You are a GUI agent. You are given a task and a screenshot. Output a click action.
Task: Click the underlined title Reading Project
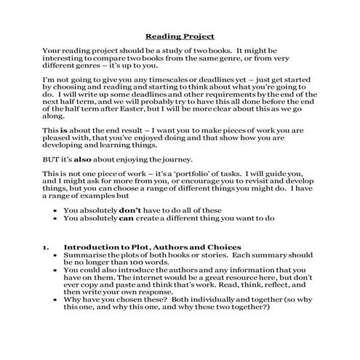(x=180, y=35)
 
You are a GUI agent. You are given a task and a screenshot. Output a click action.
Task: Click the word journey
(x=162, y=158)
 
